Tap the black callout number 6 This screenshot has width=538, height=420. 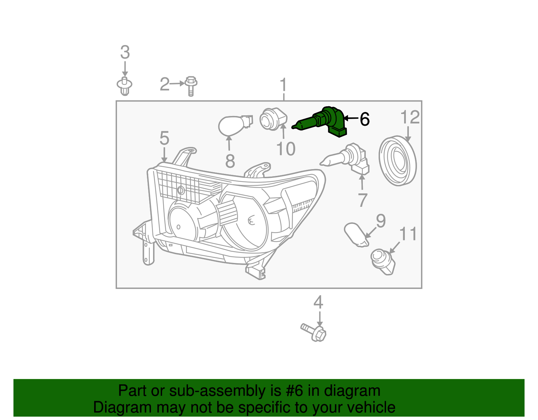coord(364,119)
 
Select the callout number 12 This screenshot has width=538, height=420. coord(410,117)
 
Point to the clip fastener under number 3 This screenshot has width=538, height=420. coord(124,86)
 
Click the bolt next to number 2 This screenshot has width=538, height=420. coord(191,86)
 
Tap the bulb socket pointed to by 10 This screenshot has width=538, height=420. coord(273,119)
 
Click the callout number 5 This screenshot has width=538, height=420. coord(164,138)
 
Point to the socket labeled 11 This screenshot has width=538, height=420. coord(383,261)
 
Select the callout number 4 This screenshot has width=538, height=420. coord(318,302)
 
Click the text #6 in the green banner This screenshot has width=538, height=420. coord(295,391)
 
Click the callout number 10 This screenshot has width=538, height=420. coord(285,149)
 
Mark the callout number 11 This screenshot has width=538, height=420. coord(408,234)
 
